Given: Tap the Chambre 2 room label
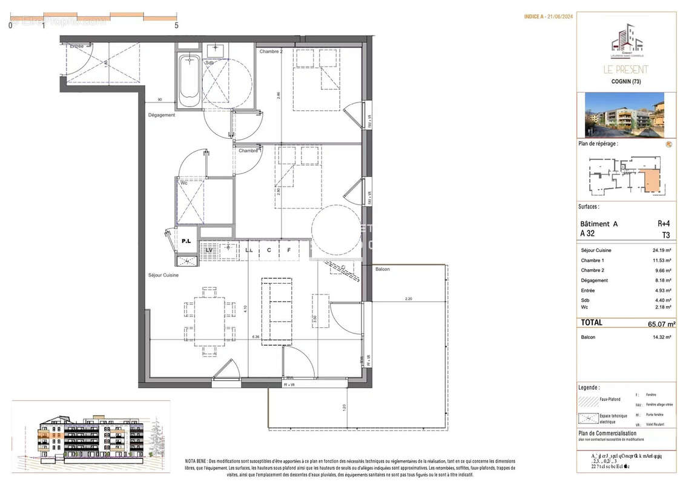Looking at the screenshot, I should tap(271, 52).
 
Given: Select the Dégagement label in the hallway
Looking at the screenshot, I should tap(162, 115).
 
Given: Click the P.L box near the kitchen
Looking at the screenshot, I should tap(186, 241).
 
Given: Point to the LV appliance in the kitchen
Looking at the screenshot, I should tap(209, 249).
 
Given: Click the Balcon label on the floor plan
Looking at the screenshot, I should tap(383, 269).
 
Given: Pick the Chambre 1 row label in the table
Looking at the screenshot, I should tap(593, 260).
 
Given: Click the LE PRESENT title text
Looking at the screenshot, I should tap(626, 70).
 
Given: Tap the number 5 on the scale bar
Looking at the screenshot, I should tap(176, 25).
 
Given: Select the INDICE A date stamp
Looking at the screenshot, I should tap(548, 17).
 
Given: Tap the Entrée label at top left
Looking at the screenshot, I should tap(77, 46).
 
